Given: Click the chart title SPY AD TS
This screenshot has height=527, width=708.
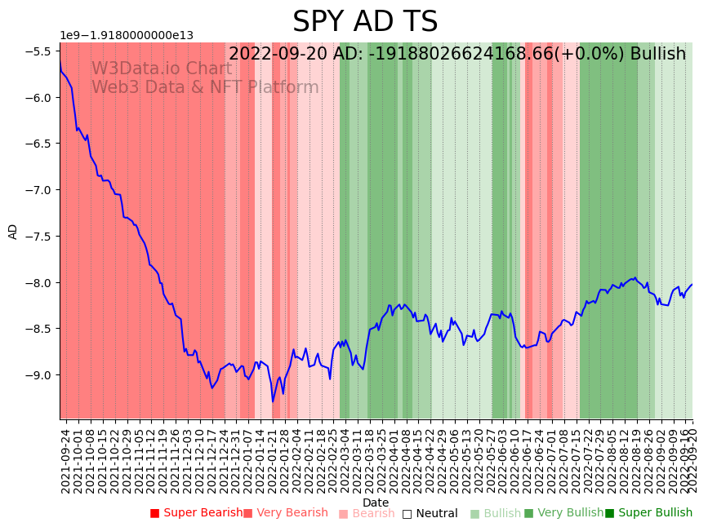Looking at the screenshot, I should tap(365, 22).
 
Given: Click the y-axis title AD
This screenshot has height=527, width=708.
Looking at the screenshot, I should tap(13, 231).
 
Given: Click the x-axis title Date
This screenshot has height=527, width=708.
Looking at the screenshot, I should tap(376, 503).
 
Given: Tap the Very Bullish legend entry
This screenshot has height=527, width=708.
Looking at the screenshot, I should tap(563, 513).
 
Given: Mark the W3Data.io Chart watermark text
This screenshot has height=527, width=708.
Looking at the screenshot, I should tap(162, 69).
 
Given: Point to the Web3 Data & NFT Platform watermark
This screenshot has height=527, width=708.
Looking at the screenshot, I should tap(205, 87).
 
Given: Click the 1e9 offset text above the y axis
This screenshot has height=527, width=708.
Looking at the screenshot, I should tap(127, 36).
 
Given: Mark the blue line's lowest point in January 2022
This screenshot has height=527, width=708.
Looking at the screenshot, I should tap(273, 401).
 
